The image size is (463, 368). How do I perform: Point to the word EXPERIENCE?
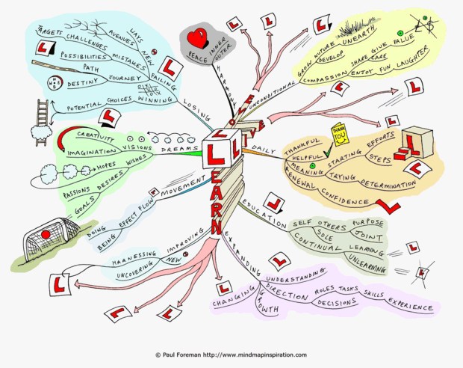tap(409, 306)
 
